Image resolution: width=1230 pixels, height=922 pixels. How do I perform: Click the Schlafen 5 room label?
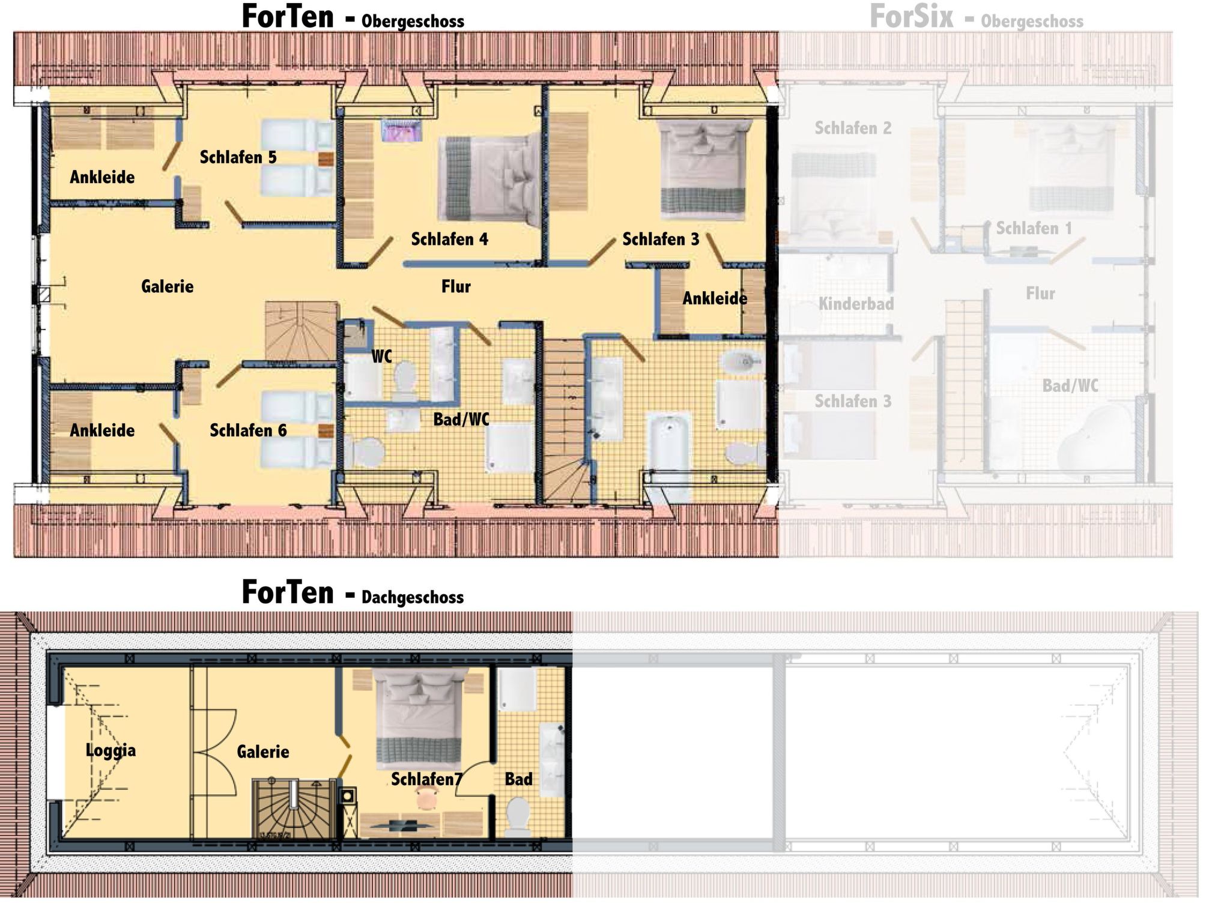(238, 157)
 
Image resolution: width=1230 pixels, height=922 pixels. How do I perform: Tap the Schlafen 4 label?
(449, 240)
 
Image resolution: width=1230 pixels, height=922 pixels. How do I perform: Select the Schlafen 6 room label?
(248, 430)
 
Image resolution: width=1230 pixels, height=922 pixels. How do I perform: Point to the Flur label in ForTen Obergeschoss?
(456, 286)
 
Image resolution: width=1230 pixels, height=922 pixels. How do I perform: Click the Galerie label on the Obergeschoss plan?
(167, 286)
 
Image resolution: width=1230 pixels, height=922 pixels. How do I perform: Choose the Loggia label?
(111, 750)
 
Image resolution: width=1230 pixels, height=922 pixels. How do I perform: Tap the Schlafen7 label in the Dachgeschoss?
(426, 779)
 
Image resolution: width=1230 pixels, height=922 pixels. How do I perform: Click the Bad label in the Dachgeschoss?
(518, 779)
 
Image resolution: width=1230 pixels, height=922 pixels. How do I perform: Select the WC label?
(381, 357)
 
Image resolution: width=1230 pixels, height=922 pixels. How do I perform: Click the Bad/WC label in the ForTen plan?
(461, 419)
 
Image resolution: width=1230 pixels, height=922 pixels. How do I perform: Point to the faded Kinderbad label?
(856, 304)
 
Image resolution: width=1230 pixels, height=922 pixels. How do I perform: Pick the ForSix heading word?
(911, 18)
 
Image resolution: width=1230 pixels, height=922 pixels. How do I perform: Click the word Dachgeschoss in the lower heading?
(413, 597)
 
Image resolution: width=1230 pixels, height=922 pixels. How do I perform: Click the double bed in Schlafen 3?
(703, 170)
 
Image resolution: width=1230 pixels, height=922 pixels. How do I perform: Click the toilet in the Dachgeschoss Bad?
(518, 816)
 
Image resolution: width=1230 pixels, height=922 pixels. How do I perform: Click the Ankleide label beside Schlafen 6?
(102, 430)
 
